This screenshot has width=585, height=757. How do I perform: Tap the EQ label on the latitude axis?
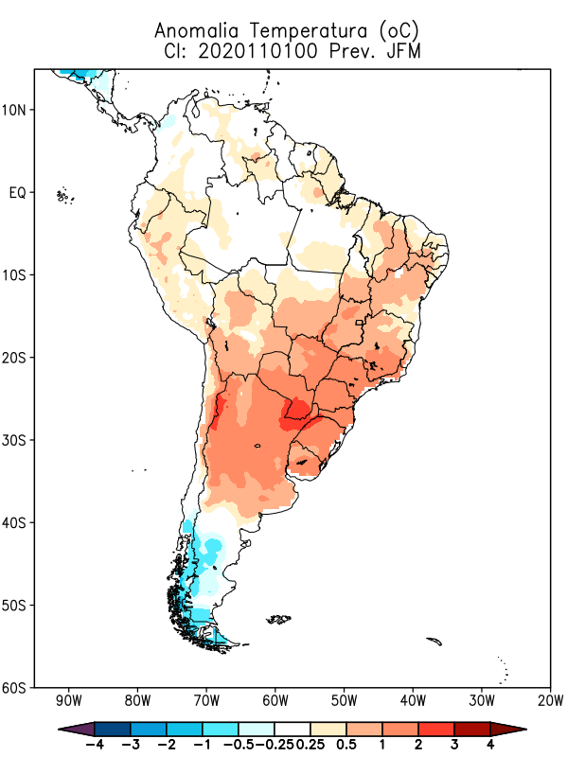(x=16, y=193)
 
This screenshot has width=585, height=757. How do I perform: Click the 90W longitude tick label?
(x=68, y=702)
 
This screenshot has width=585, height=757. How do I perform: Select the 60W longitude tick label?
(x=275, y=702)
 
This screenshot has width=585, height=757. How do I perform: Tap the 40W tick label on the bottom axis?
(x=413, y=702)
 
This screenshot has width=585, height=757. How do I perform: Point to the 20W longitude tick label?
(x=550, y=702)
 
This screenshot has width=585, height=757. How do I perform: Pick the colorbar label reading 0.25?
(x=310, y=745)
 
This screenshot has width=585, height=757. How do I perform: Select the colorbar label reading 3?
(x=453, y=745)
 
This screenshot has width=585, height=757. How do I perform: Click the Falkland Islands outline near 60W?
(x=278, y=620)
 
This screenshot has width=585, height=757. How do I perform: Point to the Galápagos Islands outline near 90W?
(x=64, y=196)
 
